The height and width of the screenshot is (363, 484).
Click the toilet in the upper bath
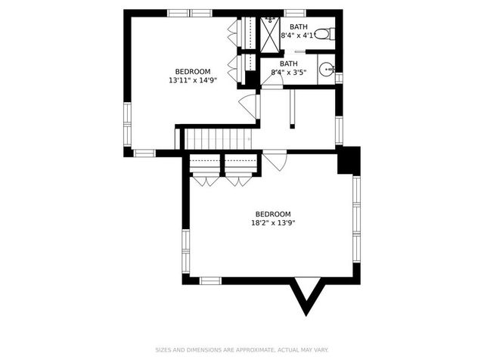[324, 33]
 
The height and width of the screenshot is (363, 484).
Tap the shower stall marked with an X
[270, 33]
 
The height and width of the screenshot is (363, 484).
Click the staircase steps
[217, 138]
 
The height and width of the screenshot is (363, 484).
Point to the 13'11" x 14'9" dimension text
[193, 79]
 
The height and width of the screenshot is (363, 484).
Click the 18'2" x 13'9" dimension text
[272, 223]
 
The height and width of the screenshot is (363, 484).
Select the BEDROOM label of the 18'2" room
[272, 214]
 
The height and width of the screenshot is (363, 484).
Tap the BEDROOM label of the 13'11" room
[193, 71]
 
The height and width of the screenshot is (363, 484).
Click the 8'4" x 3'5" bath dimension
[288, 73]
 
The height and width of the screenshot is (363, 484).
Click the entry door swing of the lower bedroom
[274, 161]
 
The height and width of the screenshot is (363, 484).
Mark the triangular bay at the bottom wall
[307, 293]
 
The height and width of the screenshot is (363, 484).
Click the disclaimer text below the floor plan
[242, 350]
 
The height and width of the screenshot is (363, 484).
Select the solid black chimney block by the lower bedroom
[349, 160]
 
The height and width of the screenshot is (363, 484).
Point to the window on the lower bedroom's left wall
[185, 251]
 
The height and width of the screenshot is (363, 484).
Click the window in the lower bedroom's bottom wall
[210, 281]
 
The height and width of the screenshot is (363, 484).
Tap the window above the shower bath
[295, 13]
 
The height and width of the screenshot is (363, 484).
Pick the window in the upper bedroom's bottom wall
[144, 153]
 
